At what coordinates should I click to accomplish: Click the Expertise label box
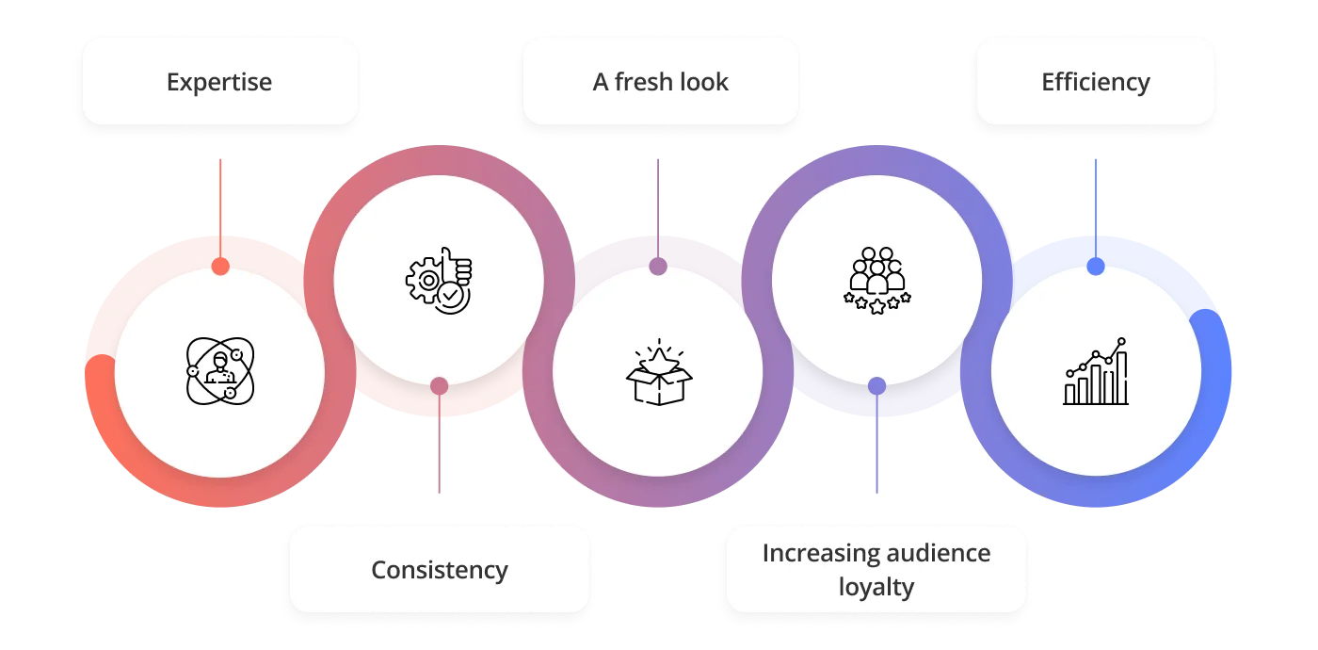pyautogui.click(x=219, y=82)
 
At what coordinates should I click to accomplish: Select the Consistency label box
pyautogui.click(x=440, y=570)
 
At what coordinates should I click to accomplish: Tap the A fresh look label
pyautogui.click(x=660, y=82)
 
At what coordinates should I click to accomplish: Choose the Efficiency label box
pyautogui.click(x=1095, y=82)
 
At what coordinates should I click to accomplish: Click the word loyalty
pyautogui.click(x=876, y=588)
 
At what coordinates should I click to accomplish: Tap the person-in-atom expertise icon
pyautogui.click(x=220, y=371)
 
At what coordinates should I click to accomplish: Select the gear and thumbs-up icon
pyautogui.click(x=440, y=280)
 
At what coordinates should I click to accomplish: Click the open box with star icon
pyautogui.click(x=658, y=372)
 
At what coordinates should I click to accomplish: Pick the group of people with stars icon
pyautogui.click(x=876, y=280)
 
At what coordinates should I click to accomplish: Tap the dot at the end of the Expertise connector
pyautogui.click(x=220, y=268)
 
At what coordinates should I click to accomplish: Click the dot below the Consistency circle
pyautogui.click(x=439, y=385)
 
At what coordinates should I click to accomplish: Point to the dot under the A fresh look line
pyautogui.click(x=658, y=268)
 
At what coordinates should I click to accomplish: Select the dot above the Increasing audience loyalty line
pyautogui.click(x=876, y=385)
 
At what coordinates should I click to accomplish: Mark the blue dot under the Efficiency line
pyautogui.click(x=1095, y=268)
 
